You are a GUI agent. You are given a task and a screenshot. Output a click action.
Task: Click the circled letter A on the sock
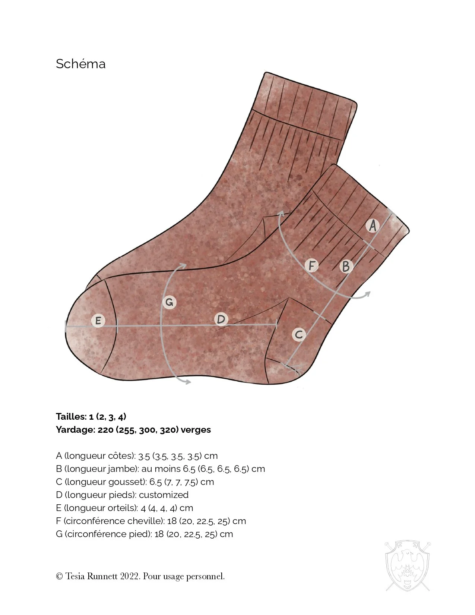pyautogui.click(x=372, y=225)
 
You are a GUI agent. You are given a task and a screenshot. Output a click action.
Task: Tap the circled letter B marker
pyautogui.click(x=346, y=266)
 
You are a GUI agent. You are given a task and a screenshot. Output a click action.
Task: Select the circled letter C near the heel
pyautogui.click(x=299, y=334)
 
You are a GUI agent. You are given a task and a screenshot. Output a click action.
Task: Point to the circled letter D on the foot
pyautogui.click(x=221, y=319)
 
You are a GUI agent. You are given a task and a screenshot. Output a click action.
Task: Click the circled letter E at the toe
pyautogui.click(x=98, y=321)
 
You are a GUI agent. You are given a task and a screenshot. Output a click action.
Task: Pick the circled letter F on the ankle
pyautogui.click(x=311, y=266)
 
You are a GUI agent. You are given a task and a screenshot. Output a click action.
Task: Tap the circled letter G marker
pyautogui.click(x=169, y=302)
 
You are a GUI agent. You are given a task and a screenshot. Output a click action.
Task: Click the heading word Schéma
pyautogui.click(x=80, y=64)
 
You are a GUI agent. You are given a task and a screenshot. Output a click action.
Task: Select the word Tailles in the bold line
pyautogui.click(x=71, y=417)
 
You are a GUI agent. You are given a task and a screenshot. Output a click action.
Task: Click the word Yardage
pyautogui.click(x=75, y=430)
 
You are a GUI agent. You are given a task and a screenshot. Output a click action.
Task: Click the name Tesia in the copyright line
pyautogui.click(x=75, y=576)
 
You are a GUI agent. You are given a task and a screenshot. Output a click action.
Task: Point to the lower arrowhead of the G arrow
pyautogui.click(x=189, y=382)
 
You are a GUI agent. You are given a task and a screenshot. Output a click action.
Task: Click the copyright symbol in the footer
pyautogui.click(x=59, y=577)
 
